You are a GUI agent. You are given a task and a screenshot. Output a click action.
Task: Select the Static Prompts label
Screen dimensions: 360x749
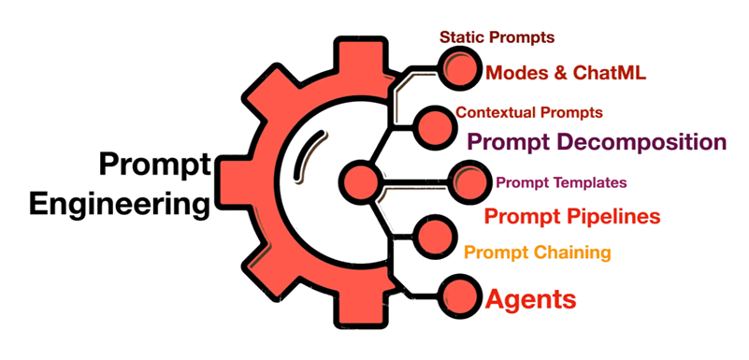point(497,37)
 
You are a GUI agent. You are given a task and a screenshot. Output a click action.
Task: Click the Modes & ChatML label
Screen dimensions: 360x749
point(567,72)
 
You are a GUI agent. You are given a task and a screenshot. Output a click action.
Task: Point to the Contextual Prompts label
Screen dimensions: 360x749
point(529,112)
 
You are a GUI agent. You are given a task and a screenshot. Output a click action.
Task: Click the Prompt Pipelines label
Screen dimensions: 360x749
point(572,217)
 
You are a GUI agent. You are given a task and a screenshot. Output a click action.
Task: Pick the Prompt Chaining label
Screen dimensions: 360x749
point(538,252)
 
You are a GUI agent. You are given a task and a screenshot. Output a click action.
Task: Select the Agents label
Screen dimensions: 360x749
point(530,300)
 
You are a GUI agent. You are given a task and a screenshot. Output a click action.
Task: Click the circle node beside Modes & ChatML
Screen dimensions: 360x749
point(458,68)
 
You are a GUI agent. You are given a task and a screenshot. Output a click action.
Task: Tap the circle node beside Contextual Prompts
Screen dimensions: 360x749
point(433,125)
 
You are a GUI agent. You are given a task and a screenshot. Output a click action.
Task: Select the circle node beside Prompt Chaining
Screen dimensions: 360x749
point(433,236)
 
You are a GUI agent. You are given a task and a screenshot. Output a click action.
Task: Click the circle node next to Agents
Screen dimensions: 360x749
point(458,293)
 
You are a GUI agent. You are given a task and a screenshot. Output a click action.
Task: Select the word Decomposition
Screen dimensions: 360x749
point(642,142)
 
